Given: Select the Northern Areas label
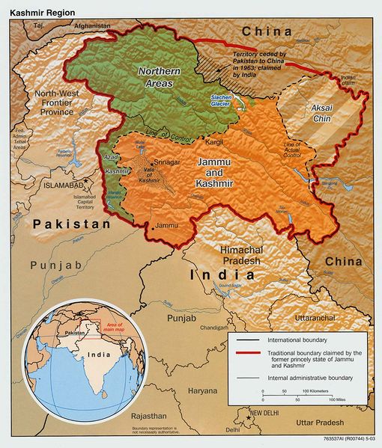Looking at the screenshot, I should (x=157, y=77).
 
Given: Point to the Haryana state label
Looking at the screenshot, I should (x=202, y=390).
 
